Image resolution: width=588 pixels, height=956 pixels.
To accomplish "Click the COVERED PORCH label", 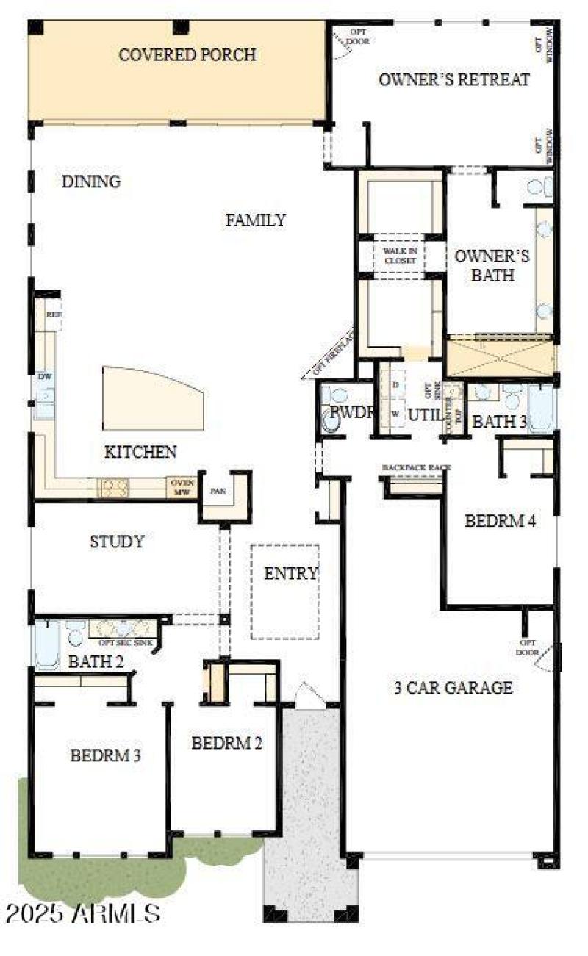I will click(x=187, y=55).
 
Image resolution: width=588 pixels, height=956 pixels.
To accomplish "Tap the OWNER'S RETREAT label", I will click(x=453, y=80).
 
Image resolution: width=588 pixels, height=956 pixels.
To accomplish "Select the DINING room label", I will click(x=91, y=182).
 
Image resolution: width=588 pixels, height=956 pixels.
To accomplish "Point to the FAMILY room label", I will click(x=255, y=220).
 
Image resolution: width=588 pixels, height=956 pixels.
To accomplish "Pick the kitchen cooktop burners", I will click(x=114, y=487).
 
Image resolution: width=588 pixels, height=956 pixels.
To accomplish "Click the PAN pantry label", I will click(x=218, y=491).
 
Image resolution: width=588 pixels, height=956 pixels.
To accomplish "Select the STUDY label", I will click(x=117, y=542).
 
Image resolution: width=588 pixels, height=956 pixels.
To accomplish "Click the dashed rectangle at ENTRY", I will click(x=285, y=592).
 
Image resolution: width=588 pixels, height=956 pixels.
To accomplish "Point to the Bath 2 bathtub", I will click(x=46, y=645).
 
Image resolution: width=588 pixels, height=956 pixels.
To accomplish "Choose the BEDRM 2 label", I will click(x=226, y=743).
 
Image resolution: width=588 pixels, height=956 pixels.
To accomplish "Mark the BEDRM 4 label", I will click(x=500, y=522).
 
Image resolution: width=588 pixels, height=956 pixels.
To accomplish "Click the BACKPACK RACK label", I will click(x=416, y=467).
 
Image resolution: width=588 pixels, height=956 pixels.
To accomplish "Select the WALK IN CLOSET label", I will click(x=400, y=256).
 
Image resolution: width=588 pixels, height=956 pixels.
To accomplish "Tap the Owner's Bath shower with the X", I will click(x=501, y=356).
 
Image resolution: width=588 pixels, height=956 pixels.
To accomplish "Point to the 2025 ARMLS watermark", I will click(x=82, y=913).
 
